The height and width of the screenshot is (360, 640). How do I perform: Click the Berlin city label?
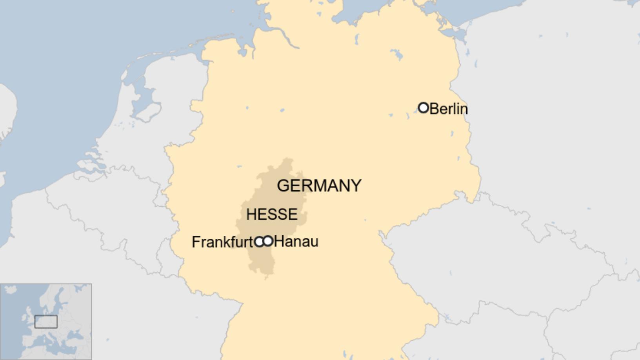[449, 109]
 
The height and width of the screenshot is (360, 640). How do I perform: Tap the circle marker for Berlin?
[423, 107]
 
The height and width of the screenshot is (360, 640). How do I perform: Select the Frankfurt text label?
[222, 242]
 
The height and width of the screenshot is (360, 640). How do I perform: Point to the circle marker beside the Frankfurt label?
[259, 242]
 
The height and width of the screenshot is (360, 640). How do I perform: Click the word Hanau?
[296, 241]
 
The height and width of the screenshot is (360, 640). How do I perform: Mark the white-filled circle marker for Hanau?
[268, 241]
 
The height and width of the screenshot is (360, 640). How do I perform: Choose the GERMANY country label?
[319, 185]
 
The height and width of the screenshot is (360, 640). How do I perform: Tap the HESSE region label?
[272, 214]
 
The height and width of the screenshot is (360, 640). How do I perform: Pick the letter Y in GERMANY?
[356, 185]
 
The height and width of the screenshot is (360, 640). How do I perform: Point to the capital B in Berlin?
[434, 109]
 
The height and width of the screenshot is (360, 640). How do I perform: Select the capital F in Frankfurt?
[195, 242]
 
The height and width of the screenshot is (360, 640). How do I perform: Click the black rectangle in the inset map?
[46, 322]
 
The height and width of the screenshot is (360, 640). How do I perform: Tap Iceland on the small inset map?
[11, 290]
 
